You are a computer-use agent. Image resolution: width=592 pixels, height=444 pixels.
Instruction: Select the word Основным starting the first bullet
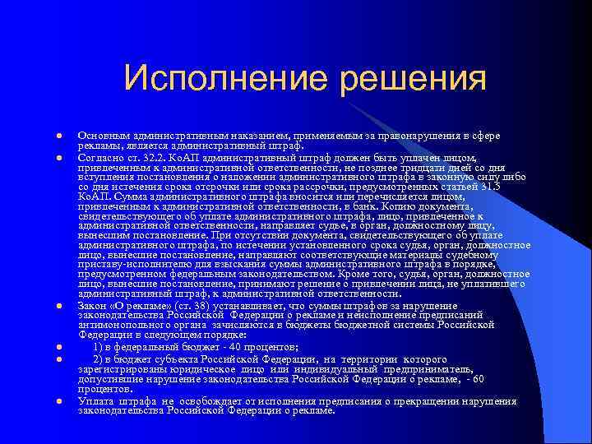tap(103, 135)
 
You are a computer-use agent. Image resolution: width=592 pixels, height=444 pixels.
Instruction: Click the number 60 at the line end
tap(479, 379)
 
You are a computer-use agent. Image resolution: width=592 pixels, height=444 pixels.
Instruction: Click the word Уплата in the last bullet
tap(97, 400)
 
